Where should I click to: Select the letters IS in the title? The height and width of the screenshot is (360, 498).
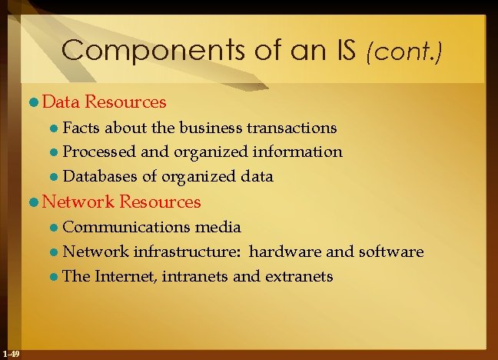pyautogui.click(x=345, y=52)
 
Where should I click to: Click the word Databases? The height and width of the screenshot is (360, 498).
pyautogui.click(x=99, y=176)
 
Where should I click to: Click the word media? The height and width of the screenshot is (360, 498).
pyautogui.click(x=218, y=227)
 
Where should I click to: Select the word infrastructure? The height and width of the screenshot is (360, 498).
pyautogui.click(x=186, y=252)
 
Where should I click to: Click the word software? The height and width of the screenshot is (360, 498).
pyautogui.click(x=390, y=252)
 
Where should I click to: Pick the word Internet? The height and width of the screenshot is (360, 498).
pyautogui.click(x=128, y=276)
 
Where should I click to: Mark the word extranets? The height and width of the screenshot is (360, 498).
pyautogui.click(x=299, y=276)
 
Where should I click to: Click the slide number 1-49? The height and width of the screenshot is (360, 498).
pyautogui.click(x=12, y=353)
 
